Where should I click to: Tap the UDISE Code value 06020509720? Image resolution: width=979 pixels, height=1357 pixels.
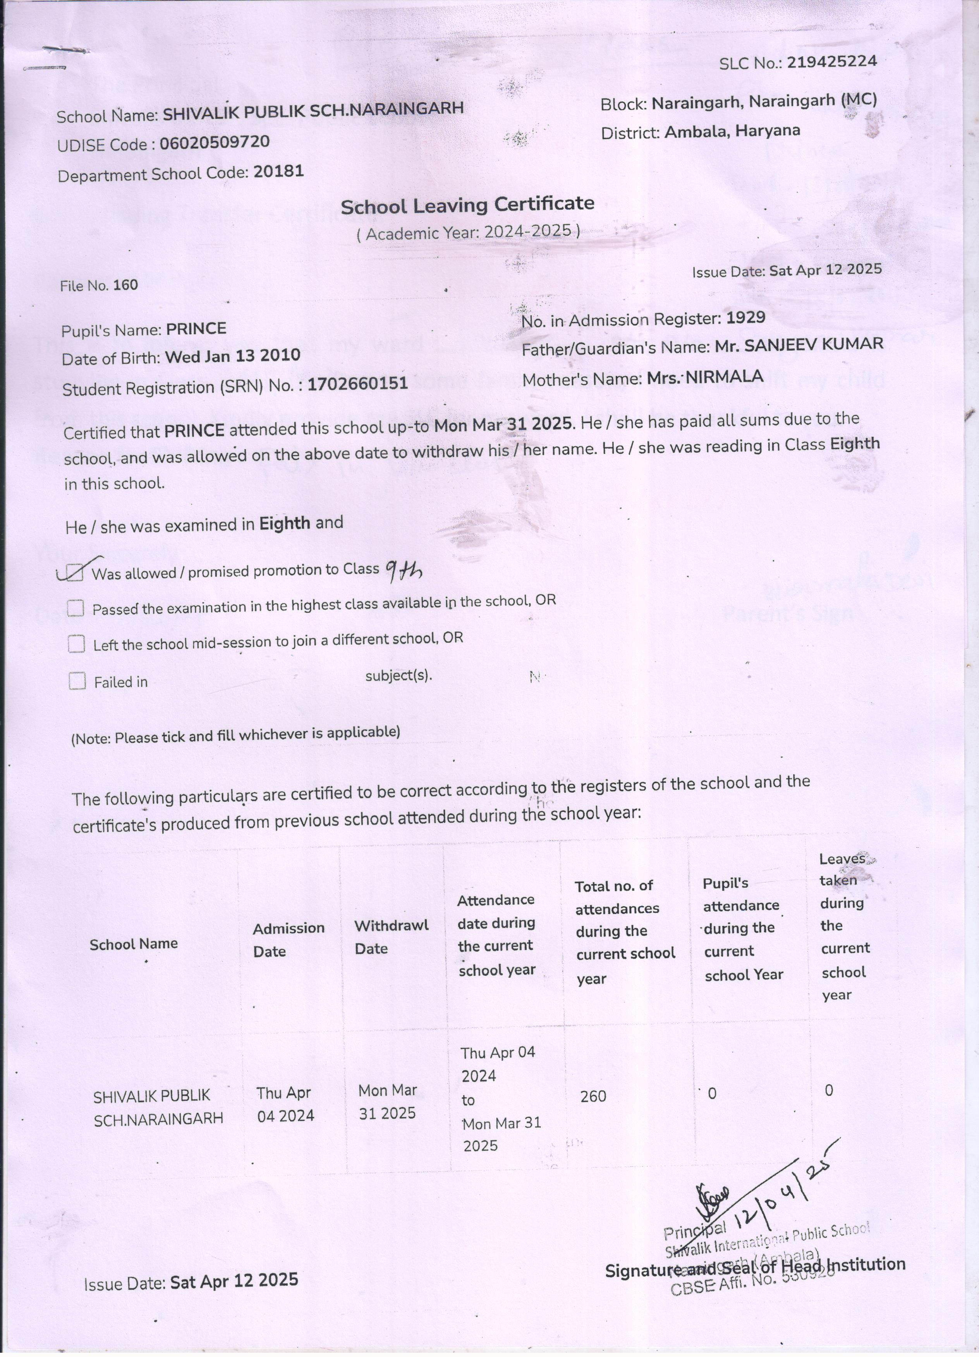coord(215,142)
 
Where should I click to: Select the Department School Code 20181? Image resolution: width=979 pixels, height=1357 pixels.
coord(278,172)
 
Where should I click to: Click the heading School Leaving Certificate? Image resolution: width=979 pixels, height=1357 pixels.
coord(467,205)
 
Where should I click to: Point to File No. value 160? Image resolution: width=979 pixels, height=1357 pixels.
coord(126,285)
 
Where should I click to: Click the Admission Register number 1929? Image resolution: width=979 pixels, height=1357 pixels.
coord(745,318)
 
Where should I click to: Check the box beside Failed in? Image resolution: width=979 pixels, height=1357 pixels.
coord(77,681)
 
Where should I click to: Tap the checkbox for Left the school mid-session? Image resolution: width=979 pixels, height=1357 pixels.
coord(76,644)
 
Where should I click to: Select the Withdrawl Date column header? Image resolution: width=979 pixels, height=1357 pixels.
coord(391,936)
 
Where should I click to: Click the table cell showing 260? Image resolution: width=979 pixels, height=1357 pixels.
coord(593,1096)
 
